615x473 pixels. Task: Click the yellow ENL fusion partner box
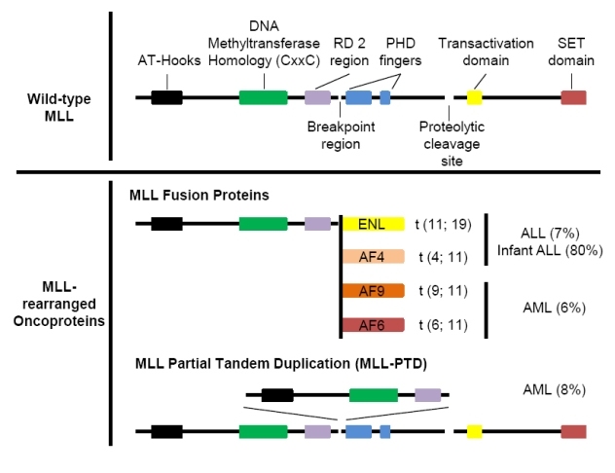374,224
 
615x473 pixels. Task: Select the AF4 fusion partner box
374,257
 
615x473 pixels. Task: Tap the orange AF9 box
374,291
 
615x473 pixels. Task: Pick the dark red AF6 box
374,325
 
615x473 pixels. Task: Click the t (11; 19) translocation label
443,225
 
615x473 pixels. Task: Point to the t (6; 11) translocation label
443,325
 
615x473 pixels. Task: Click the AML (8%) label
555,390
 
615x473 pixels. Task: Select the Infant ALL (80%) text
550,250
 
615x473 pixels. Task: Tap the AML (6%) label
555,308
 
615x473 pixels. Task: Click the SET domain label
571,52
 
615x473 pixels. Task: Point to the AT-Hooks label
169,60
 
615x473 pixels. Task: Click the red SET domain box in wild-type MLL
573,97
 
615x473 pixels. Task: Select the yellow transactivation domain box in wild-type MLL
474,97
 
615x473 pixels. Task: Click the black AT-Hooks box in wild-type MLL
166,97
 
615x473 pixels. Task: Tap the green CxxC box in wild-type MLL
263,97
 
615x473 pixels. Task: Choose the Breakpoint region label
341,135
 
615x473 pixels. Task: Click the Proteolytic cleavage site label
452,143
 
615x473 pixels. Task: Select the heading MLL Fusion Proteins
199,195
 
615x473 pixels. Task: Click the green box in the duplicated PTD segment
374,395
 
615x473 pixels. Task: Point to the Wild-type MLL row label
58,107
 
